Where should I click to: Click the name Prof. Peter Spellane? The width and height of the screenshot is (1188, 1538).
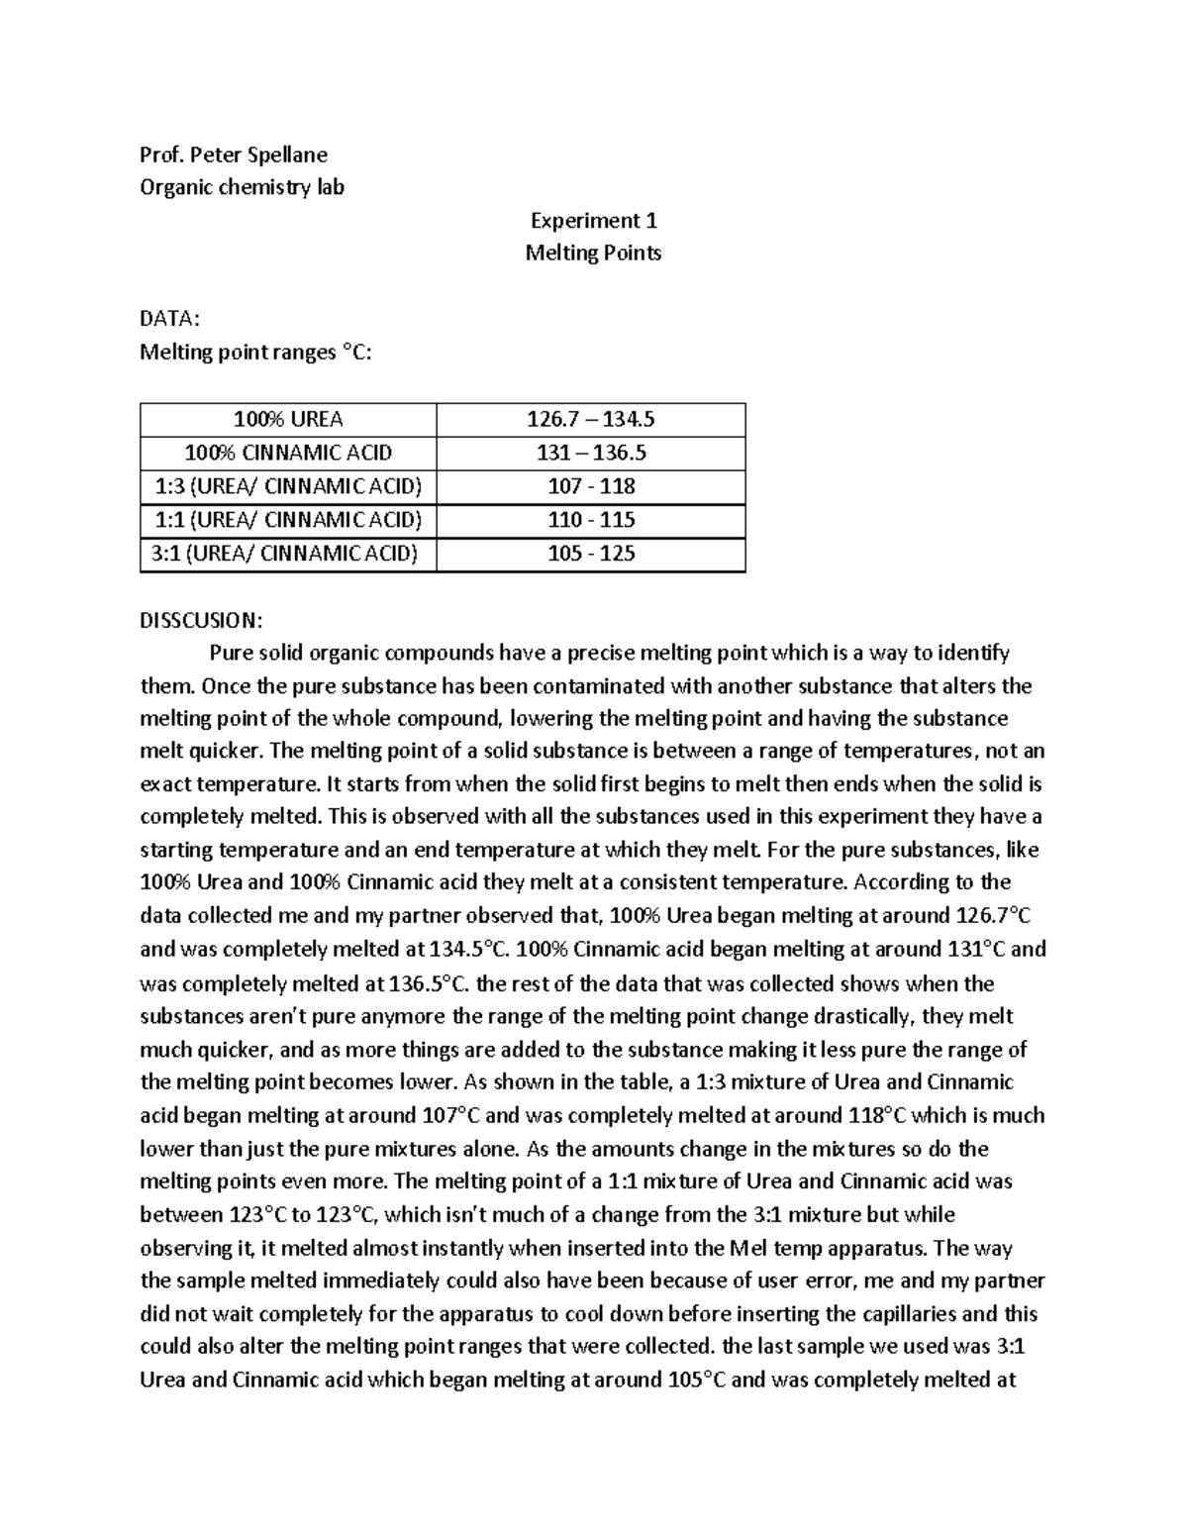[234, 154]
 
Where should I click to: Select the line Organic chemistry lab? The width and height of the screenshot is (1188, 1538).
[243, 187]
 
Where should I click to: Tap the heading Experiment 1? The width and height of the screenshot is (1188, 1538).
[593, 220]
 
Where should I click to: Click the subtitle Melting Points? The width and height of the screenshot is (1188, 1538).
[593, 253]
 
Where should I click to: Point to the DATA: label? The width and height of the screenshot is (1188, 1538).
[170, 319]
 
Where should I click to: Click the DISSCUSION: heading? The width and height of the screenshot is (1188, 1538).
[202, 620]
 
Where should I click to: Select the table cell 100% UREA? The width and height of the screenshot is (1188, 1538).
[288, 420]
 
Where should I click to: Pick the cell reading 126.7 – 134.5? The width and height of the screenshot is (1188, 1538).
[591, 420]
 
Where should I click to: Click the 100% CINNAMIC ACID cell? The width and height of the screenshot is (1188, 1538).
[288, 454]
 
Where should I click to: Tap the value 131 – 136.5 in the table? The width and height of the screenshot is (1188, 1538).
[591, 454]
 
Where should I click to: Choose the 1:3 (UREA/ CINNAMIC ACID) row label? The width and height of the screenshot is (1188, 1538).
[288, 486]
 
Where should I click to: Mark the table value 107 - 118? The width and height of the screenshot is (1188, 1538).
[591, 486]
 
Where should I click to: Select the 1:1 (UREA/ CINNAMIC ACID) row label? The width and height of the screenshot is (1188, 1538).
[288, 520]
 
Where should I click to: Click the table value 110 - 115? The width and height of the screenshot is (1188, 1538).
[591, 520]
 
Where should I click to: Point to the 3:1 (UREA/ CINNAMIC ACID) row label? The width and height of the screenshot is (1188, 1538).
[288, 554]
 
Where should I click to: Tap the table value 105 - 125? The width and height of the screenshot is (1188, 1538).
[591, 554]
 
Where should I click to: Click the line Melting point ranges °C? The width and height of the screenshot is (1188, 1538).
[256, 353]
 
